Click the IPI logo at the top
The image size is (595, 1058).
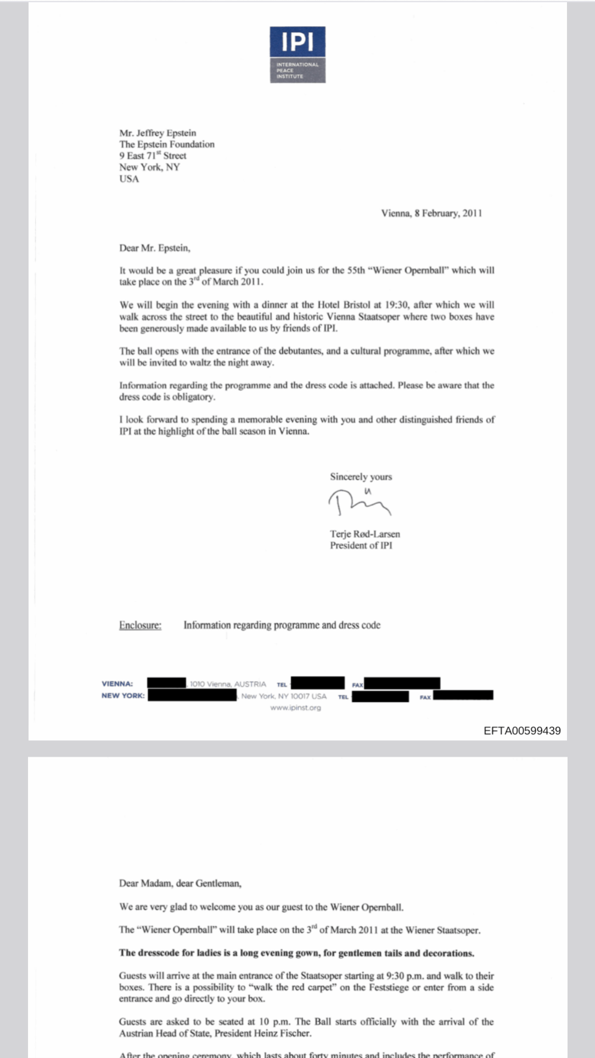point(297,54)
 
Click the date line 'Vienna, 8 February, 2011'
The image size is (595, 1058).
point(431,213)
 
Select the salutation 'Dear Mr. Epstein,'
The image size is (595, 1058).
point(155,248)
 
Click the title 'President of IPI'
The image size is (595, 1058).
point(361,545)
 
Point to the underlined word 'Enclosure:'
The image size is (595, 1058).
point(140,625)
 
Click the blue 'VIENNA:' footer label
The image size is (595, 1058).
point(117,684)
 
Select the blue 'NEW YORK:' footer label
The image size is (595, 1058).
point(123,696)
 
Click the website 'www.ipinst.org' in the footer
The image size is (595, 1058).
point(295,708)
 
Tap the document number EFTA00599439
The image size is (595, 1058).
point(522,730)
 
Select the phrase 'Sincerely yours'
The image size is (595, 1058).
point(361,477)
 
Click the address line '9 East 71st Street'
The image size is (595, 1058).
point(153,156)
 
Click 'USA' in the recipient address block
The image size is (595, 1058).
point(129,179)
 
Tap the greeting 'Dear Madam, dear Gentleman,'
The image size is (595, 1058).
point(180,883)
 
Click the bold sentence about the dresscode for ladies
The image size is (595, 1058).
point(296,953)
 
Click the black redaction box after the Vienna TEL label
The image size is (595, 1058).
point(317,683)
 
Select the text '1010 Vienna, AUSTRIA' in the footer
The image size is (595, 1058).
point(228,684)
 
